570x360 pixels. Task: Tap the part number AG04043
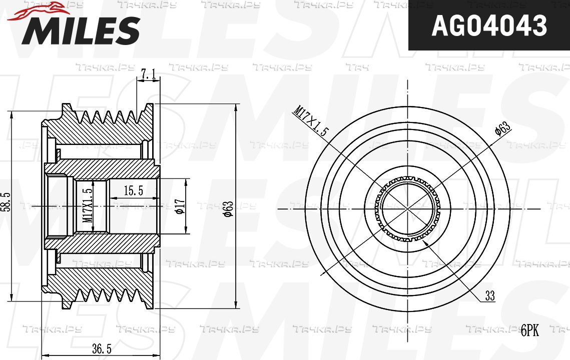489,26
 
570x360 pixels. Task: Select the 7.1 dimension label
148,74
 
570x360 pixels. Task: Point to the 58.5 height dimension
8,201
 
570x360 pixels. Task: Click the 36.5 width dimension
102,349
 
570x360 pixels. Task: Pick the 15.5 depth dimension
134,190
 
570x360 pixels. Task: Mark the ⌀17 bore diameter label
181,206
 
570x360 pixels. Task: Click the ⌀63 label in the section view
228,209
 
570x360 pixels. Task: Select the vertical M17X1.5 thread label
87,205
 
